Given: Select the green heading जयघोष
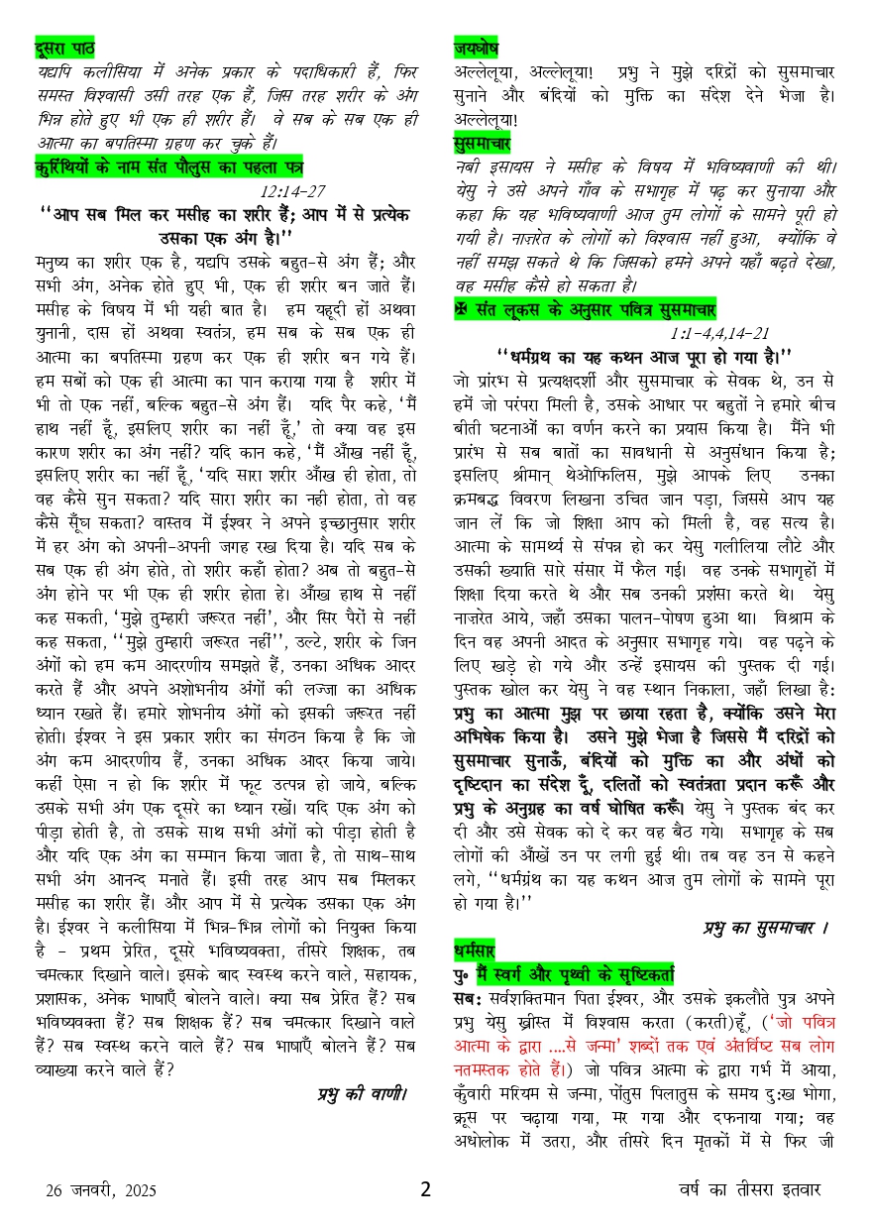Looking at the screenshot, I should pos(476,48).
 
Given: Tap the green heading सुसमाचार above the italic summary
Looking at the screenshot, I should pos(481,142).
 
